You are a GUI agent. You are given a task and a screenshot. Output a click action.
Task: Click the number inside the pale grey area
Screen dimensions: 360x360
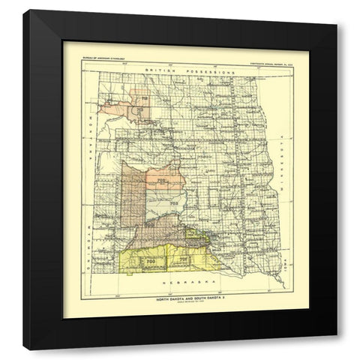coord(172,203)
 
